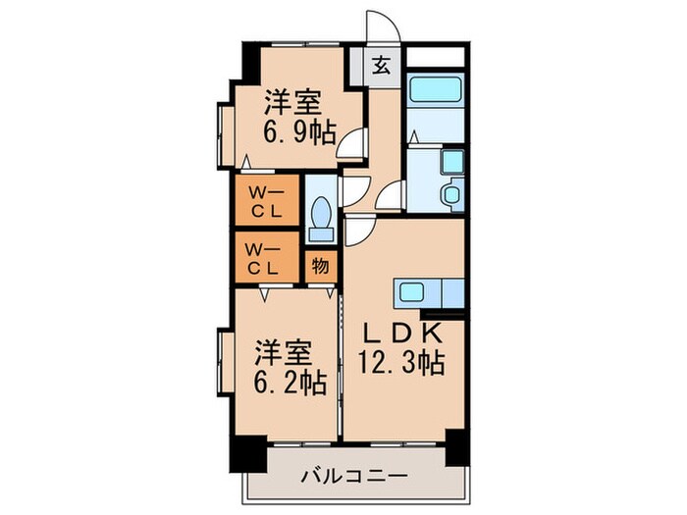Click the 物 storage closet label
[x=320, y=265]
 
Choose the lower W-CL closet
[x=264, y=256]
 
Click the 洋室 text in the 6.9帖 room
[x=292, y=101]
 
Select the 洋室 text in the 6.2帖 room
[x=286, y=351]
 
